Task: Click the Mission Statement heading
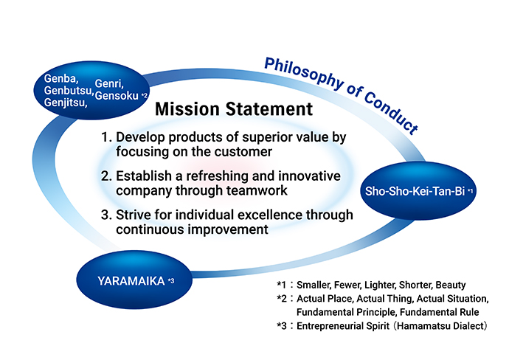tap(234, 109)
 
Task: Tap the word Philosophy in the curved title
tap(303, 73)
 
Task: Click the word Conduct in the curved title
tap(391, 112)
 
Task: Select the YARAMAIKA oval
tap(134, 280)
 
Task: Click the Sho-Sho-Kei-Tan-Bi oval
tap(418, 190)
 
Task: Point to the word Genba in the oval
tap(61, 79)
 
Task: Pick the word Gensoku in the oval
tap(117, 96)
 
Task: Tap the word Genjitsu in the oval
tap(66, 103)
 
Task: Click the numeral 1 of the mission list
tap(105, 137)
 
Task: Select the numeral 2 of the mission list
tap(106, 176)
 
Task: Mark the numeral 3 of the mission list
tap(106, 215)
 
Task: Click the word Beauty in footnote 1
tap(451, 285)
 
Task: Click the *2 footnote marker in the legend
tap(282, 299)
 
